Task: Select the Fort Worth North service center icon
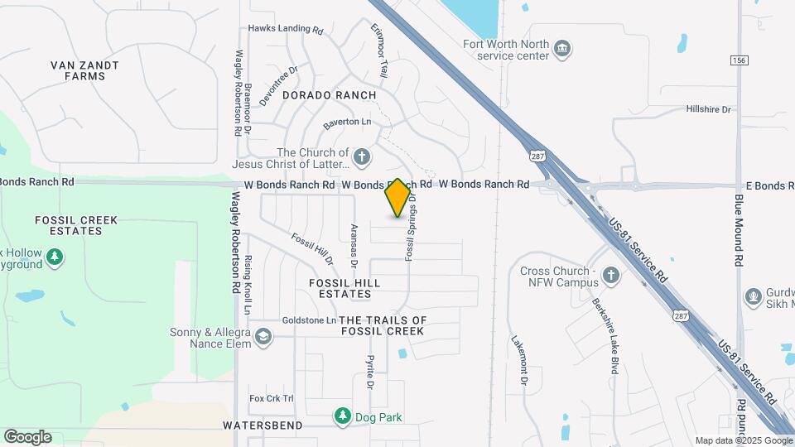562,49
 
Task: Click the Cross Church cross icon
610,276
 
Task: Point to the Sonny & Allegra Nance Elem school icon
263,336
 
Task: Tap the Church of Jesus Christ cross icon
361,156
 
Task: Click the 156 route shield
740,60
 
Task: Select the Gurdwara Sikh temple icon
754,296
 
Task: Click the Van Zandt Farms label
84,70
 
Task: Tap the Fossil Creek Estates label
76,225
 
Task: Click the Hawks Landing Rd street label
286,29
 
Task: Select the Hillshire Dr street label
709,109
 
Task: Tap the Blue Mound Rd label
739,230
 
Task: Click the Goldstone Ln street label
309,320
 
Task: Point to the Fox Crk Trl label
272,398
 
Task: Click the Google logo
27,436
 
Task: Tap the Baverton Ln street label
347,122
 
